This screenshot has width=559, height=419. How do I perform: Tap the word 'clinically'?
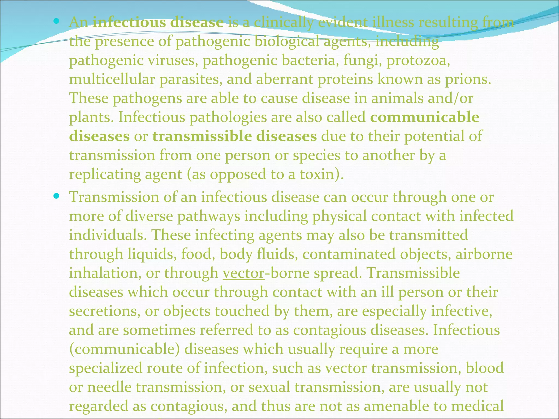tap(284, 22)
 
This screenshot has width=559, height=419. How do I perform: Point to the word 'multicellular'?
tap(112, 79)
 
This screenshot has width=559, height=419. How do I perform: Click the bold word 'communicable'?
tap(424, 117)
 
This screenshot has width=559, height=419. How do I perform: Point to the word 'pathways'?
tap(209, 216)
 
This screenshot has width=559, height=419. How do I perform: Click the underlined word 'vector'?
tap(243, 273)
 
